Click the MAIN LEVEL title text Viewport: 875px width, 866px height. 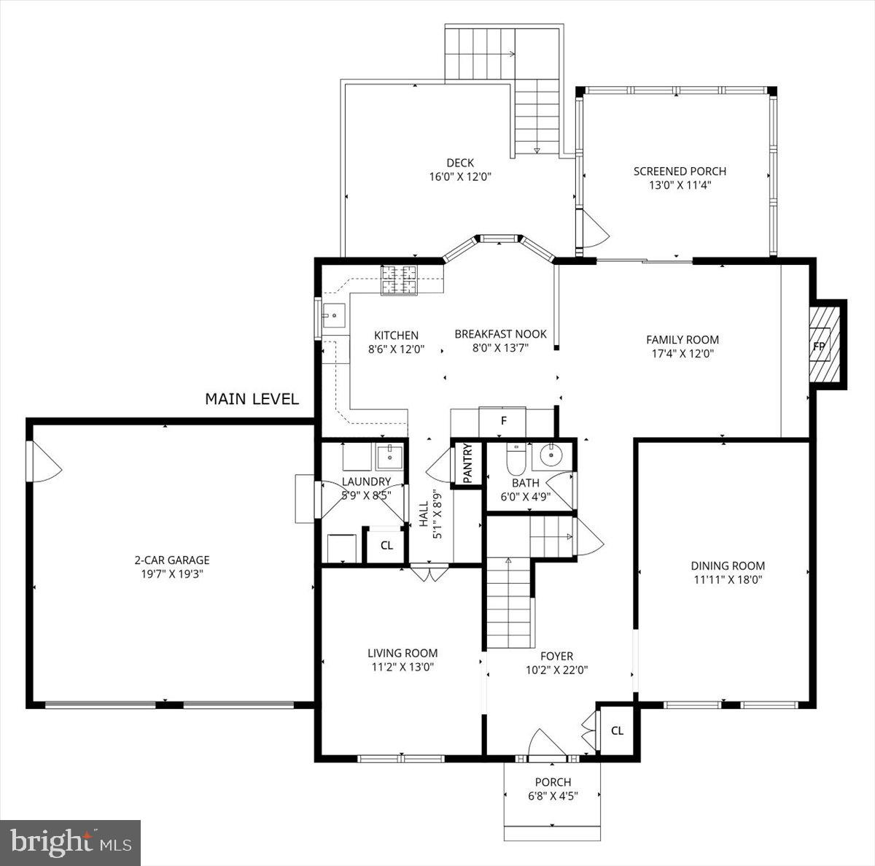tap(252, 399)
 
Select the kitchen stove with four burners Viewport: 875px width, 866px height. tap(399, 280)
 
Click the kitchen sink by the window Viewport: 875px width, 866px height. tap(334, 316)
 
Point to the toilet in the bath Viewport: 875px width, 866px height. tap(516, 460)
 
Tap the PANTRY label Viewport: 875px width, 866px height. tap(467, 463)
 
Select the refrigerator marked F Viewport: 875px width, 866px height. tap(502, 422)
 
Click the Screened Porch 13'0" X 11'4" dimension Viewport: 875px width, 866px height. tap(680, 185)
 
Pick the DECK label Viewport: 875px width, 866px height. tap(460, 163)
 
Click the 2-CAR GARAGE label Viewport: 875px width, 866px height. tap(172, 560)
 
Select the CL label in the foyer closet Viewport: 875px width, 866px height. tap(617, 731)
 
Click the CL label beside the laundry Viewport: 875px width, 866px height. tap(386, 546)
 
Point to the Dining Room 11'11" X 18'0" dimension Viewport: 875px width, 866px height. tap(728, 580)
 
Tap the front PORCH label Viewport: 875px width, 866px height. tap(553, 782)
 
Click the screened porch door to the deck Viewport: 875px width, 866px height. tap(594, 229)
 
